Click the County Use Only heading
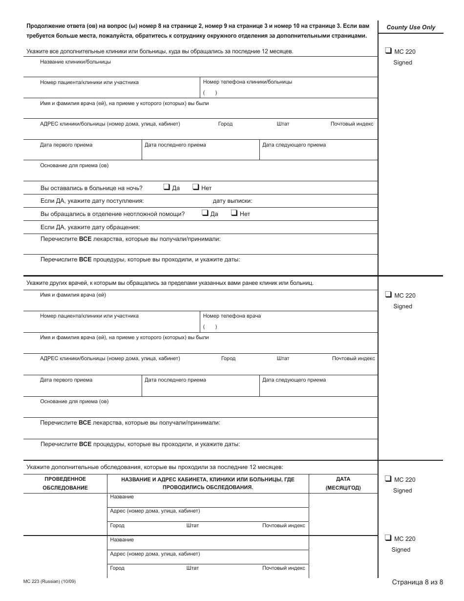click(411, 27)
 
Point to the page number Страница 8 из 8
click(417, 581)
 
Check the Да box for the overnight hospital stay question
click(167, 187)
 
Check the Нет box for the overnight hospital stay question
click(195, 187)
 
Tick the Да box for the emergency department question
click(205, 213)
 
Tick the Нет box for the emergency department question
click(234, 213)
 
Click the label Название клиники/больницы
click(75, 62)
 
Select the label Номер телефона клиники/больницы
click(247, 82)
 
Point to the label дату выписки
click(232, 201)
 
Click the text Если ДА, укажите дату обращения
click(90, 227)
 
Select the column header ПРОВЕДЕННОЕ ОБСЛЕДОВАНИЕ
click(65, 483)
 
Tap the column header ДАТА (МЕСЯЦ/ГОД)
click(343, 483)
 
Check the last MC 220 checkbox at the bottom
click(388, 538)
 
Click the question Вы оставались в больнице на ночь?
click(91, 188)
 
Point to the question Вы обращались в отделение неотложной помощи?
click(112, 214)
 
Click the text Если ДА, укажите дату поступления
click(92, 201)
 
